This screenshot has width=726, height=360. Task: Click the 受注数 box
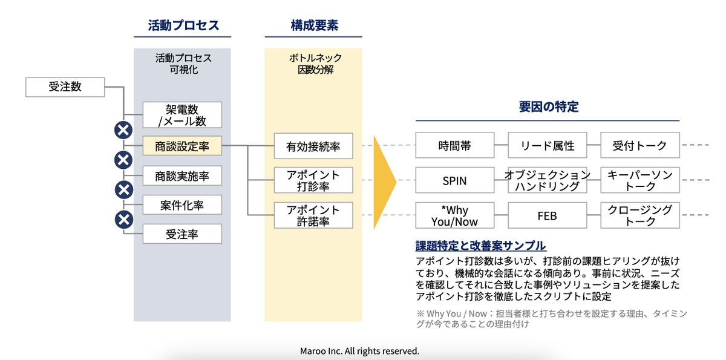65,87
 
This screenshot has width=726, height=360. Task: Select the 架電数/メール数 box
182,115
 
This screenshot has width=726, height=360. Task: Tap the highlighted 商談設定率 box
182,146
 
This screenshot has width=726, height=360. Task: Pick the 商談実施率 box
182,176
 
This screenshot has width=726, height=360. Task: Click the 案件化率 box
182,205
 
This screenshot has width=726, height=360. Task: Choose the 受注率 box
182,234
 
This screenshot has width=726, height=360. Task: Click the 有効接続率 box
313,146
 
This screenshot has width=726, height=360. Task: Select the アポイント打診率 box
313,180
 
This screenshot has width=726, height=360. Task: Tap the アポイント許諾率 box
313,215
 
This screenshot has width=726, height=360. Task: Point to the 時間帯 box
454,145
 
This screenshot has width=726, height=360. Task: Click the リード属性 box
547,145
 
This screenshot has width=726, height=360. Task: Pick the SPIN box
454,180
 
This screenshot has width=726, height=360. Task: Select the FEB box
547,215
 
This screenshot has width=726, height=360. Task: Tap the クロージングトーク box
640,215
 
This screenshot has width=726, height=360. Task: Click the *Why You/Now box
454,215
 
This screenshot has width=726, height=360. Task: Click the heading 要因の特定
548,107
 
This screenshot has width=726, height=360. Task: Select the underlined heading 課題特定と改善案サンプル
480,246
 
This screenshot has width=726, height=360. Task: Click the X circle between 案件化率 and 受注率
123,220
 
